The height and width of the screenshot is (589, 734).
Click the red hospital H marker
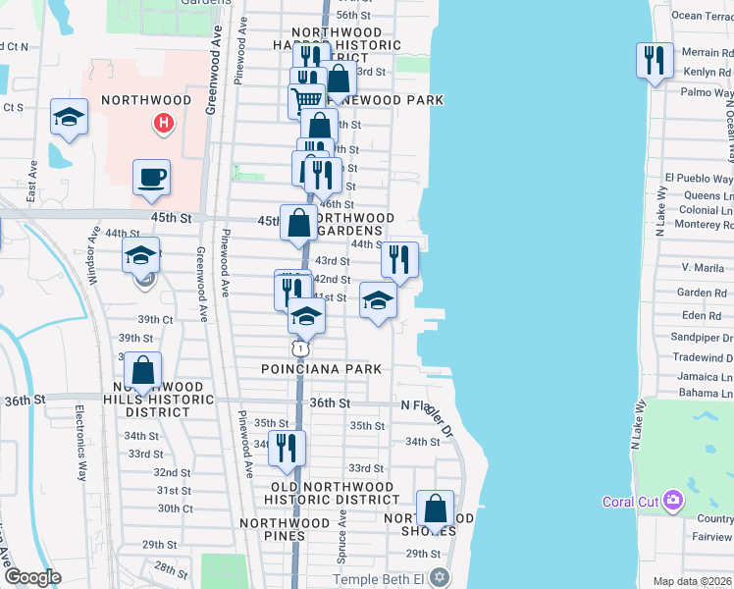pyautogui.click(x=164, y=124)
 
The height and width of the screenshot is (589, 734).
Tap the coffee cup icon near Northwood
pyautogui.click(x=152, y=178)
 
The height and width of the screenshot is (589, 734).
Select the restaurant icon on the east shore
pyautogui.click(x=653, y=61)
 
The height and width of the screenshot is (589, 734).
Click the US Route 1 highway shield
pyautogui.click(x=300, y=348)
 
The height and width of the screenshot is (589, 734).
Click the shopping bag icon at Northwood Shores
pyautogui.click(x=435, y=509)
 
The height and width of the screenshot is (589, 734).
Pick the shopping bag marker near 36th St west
pyautogui.click(x=143, y=372)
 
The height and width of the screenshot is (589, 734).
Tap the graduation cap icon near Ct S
pyautogui.click(x=68, y=117)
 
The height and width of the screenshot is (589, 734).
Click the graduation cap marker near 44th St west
pyautogui.click(x=141, y=256)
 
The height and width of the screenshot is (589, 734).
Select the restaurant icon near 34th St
pyautogui.click(x=287, y=449)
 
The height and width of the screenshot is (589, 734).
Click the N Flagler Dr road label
pyautogui.click(x=428, y=411)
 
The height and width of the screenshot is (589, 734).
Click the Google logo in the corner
pyautogui.click(x=32, y=577)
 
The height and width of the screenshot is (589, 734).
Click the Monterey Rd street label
pyautogui.click(x=699, y=225)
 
